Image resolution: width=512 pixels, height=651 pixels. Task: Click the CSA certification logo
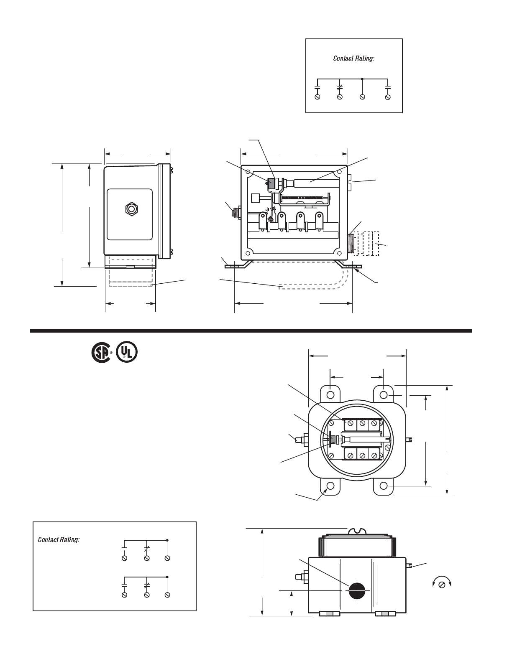tap(101, 353)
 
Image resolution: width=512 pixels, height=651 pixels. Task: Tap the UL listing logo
tap(127, 353)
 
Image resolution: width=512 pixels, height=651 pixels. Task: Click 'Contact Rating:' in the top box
tap(353, 58)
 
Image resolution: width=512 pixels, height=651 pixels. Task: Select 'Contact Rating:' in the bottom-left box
tap(59, 540)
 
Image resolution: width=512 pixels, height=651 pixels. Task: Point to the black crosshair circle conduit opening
tap(357, 591)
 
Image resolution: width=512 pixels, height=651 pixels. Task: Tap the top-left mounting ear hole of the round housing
tap(330, 395)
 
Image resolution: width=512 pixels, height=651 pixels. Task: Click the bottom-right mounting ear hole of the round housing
tap(384, 486)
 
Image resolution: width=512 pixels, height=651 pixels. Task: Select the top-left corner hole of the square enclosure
tap(248, 172)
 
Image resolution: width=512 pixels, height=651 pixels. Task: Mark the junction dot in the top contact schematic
tap(362, 79)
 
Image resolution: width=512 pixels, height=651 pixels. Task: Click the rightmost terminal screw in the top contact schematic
tap(388, 97)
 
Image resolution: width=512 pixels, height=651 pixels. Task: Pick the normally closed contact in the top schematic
tap(340, 88)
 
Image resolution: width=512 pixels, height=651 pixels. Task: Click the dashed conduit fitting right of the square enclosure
tap(367, 243)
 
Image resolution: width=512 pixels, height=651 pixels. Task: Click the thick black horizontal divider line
tap(251, 331)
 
